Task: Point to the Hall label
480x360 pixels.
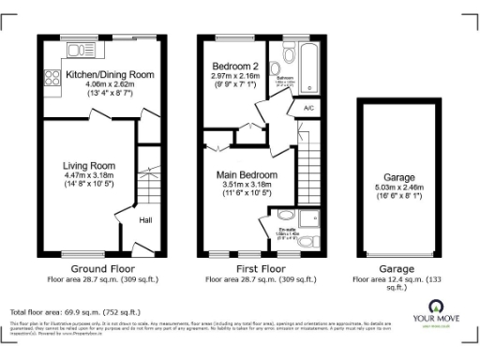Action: pyautogui.click(x=146, y=221)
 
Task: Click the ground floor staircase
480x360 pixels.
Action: pyautogui.click(x=146, y=178)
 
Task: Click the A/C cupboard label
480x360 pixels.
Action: pyautogui.click(x=307, y=108)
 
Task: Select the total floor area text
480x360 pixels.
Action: pyautogui.click(x=75, y=310)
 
